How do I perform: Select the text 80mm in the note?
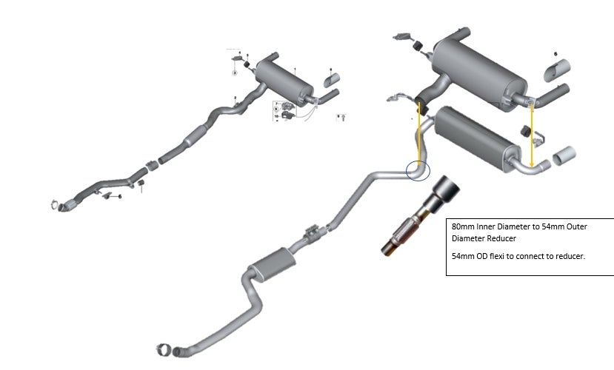[461, 227]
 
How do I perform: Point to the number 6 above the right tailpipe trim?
[555, 54]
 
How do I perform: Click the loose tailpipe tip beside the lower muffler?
[567, 157]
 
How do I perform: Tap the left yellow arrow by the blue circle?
[420, 133]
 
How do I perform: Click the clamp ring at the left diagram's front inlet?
[56, 204]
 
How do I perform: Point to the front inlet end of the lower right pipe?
[168, 347]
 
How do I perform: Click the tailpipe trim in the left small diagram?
[333, 78]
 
